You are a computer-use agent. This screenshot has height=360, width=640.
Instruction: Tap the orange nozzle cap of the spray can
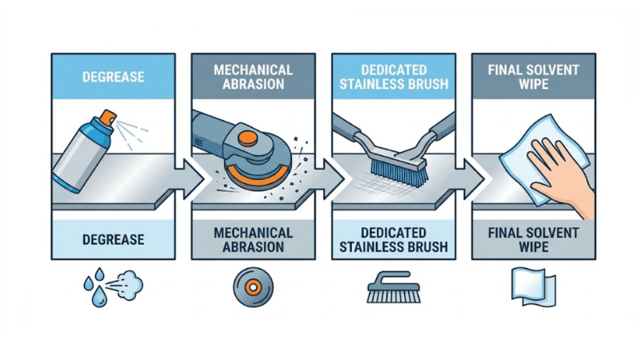(102, 121)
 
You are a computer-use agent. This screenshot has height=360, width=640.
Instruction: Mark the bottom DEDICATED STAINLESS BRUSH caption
(393, 239)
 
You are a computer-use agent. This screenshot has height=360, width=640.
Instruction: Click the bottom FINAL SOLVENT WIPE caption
(534, 239)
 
